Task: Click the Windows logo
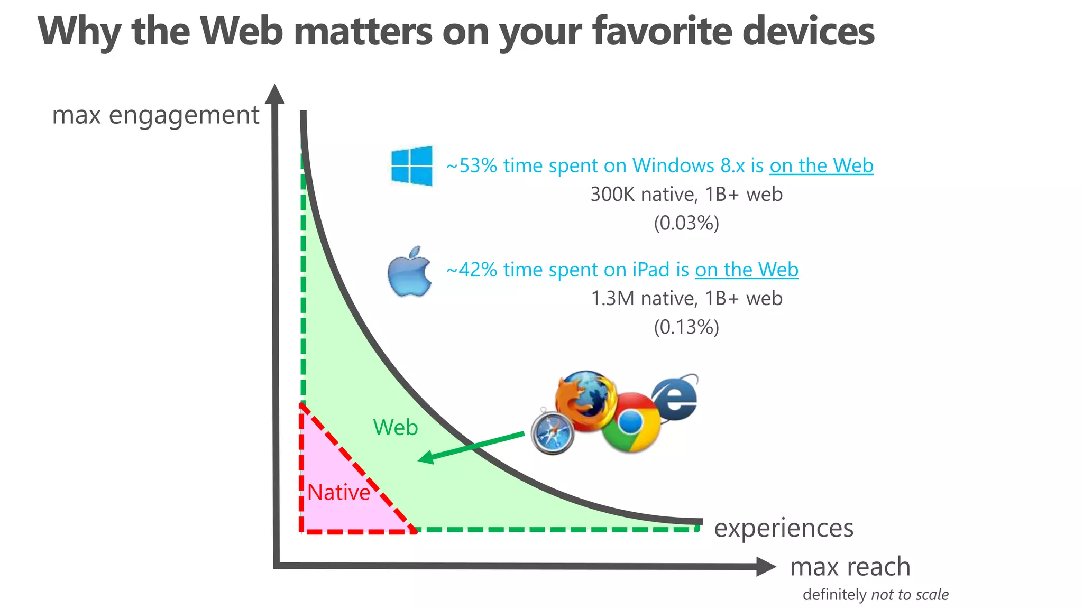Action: click(411, 165)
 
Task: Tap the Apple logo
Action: click(409, 272)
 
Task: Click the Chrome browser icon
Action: click(631, 422)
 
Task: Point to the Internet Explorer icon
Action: click(676, 398)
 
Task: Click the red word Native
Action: click(338, 493)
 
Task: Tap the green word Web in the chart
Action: click(396, 427)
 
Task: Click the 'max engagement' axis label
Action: click(155, 115)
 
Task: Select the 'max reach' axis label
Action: click(850, 567)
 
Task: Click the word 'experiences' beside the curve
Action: click(784, 528)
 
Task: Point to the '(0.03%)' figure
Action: click(686, 223)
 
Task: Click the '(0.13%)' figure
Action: click(686, 327)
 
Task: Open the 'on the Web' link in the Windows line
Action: click(821, 166)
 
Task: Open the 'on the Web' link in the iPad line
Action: click(746, 270)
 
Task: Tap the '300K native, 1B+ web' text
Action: click(686, 195)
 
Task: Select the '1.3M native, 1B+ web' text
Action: click(686, 299)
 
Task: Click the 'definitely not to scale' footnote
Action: click(875, 595)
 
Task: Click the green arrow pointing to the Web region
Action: click(471, 447)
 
